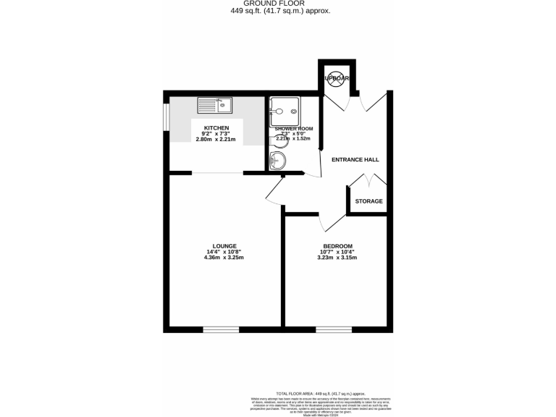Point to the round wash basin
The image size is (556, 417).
pyautogui.click(x=277, y=161)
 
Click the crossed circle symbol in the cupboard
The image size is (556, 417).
pyautogui.click(x=337, y=79)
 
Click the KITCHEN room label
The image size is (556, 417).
pyautogui.click(x=216, y=128)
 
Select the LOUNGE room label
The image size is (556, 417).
pyautogui.click(x=225, y=246)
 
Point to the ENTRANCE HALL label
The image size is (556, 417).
pyautogui.click(x=355, y=160)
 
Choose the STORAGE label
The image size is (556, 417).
pyautogui.click(x=368, y=201)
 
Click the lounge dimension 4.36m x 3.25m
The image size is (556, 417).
pyautogui.click(x=225, y=258)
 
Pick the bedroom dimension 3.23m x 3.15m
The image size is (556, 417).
pyautogui.click(x=337, y=258)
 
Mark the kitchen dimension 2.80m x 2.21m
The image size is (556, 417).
pyautogui.click(x=216, y=139)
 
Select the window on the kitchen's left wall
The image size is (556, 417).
pyautogui.click(x=166, y=118)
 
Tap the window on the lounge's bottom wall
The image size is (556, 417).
pyautogui.click(x=221, y=330)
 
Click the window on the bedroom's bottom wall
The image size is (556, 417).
pyautogui.click(x=333, y=330)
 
